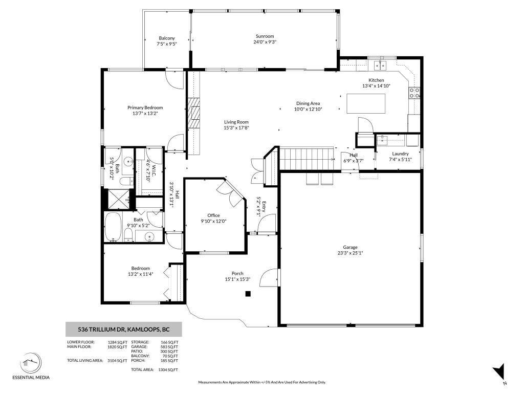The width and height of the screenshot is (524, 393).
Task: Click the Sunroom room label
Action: pyautogui.click(x=265, y=36)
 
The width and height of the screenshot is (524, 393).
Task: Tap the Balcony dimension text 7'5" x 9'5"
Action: pyautogui.click(x=167, y=44)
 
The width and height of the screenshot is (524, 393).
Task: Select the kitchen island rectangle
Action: pyautogui.click(x=365, y=103)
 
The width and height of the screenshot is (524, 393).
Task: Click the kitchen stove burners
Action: pyautogui.click(x=414, y=93)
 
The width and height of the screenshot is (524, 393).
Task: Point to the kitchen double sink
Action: pyautogui.click(x=380, y=65)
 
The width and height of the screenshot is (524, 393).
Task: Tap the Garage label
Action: pyautogui.click(x=350, y=247)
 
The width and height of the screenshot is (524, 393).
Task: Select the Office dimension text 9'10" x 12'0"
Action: pyautogui.click(x=213, y=221)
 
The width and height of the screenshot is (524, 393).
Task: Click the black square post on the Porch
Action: pyautogui.click(x=248, y=294)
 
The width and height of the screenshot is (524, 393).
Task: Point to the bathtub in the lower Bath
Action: pyautogui.click(x=113, y=227)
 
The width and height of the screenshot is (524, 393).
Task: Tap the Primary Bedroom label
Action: pyautogui.click(x=145, y=107)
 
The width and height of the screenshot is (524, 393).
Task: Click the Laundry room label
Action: pyautogui.click(x=400, y=154)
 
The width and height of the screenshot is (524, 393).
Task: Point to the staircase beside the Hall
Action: pyautogui.click(x=307, y=159)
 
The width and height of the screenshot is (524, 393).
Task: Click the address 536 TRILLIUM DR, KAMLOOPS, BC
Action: pyautogui.click(x=124, y=329)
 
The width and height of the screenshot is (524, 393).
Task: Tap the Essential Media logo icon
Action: pyautogui.click(x=30, y=363)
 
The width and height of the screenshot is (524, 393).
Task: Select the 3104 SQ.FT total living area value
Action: pyautogui.click(x=117, y=361)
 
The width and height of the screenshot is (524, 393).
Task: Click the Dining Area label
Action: pyautogui.click(x=308, y=103)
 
